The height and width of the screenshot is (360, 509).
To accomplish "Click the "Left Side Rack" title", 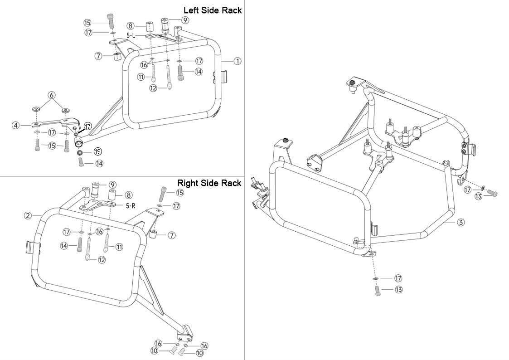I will [212, 10].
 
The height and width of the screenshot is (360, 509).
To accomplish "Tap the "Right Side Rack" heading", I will [209, 183].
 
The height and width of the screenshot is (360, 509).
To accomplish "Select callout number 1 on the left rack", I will [238, 61].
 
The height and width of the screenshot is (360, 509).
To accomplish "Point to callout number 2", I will [28, 215].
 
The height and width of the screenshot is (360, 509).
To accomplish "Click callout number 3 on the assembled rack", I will [461, 222].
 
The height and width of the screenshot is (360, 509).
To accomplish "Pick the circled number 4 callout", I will [15, 125].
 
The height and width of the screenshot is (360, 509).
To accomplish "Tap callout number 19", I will [97, 151].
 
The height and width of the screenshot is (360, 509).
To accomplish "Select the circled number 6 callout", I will [51, 95].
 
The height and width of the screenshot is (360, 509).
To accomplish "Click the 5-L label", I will [131, 35].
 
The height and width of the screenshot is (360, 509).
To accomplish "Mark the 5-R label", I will [130, 205].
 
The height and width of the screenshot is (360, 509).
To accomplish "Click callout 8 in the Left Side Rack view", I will [130, 26].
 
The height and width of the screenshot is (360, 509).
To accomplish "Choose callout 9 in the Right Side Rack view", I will [112, 185].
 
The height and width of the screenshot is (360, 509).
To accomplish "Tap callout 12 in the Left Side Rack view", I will [153, 88].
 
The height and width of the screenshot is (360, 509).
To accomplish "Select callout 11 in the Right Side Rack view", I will [119, 247].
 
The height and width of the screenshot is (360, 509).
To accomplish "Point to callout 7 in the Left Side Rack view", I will [98, 56].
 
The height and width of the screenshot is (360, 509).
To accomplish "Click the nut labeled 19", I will [80, 153].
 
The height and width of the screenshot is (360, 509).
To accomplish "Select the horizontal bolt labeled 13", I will [492, 194].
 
